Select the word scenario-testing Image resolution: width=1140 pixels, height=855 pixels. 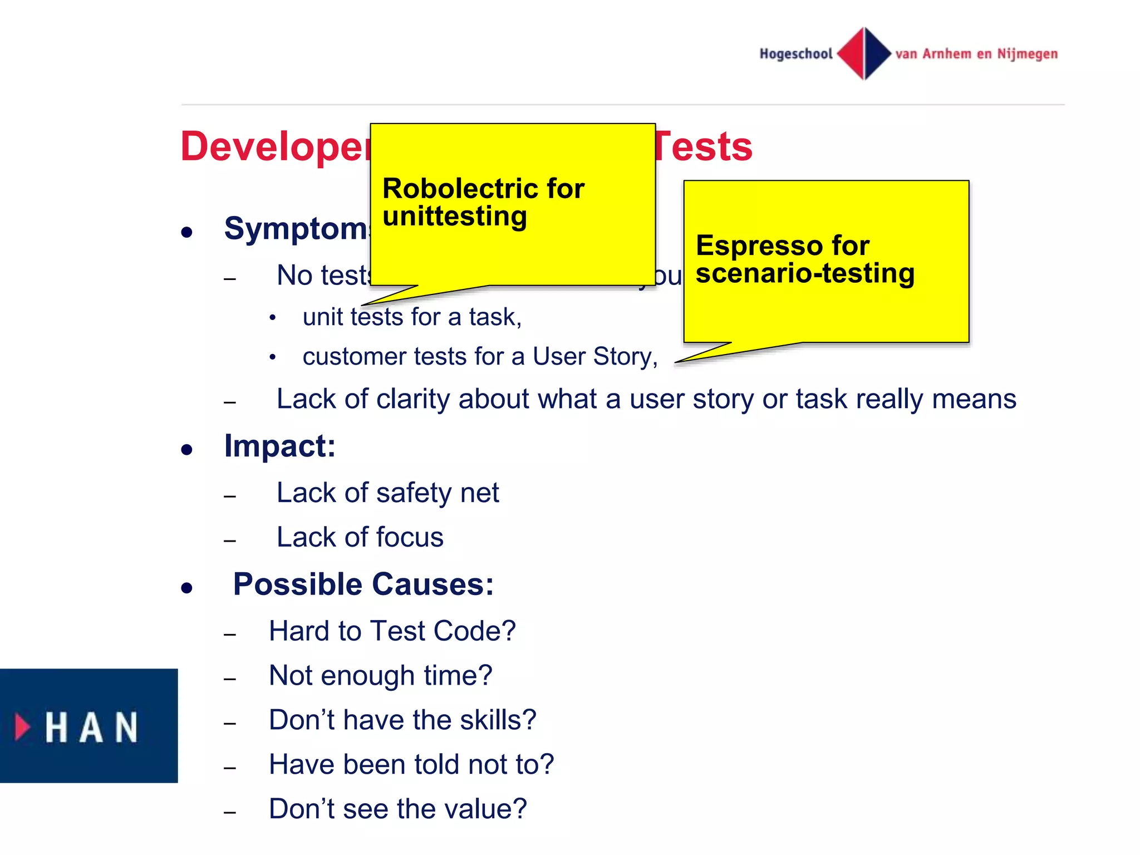coord(805,273)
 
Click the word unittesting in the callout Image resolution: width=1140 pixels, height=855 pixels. coord(454,217)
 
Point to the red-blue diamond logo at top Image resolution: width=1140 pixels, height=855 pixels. coord(864,53)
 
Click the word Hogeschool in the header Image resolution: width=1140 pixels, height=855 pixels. coord(795,54)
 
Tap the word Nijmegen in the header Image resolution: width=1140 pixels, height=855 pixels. coord(1027,54)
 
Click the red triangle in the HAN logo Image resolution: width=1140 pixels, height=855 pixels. coord(22,726)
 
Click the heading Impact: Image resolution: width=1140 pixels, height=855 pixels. coord(279,446)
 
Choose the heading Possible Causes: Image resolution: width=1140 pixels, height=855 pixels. coord(363,584)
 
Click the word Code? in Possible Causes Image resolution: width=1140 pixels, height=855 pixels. coord(474,631)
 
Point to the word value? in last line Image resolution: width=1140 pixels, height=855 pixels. coord(487,809)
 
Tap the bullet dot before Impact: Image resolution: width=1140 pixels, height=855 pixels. coord(187,449)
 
